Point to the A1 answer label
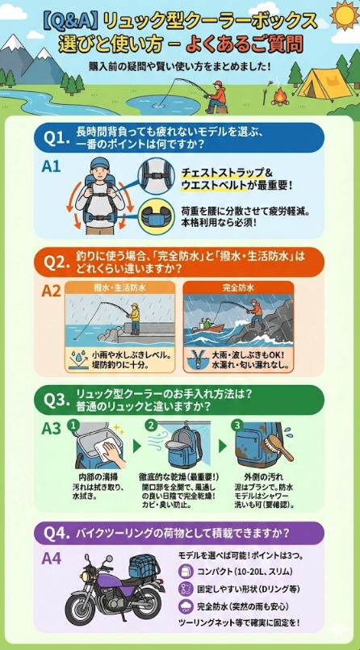click(52, 166)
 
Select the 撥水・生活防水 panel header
click(119, 287)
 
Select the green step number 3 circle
click(236, 425)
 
